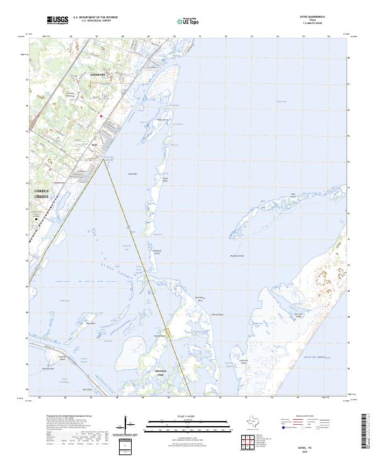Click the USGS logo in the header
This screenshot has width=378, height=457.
pyautogui.click(x=57, y=20)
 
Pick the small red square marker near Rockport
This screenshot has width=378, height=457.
pyautogui.click(x=100, y=115)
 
